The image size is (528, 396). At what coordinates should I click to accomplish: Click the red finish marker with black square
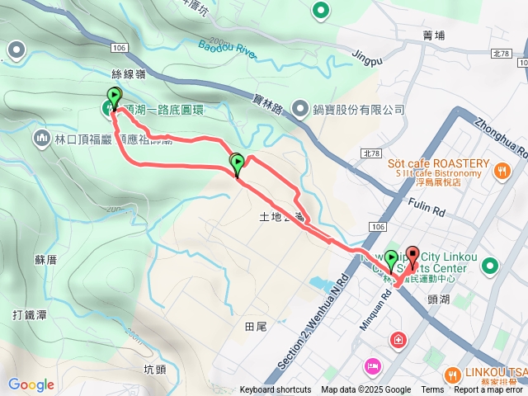click(412, 255)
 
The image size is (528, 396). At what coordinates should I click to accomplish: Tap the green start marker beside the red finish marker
click(391, 260)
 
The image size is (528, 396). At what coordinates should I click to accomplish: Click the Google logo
click(31, 384)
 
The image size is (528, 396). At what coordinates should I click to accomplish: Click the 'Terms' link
click(432, 390)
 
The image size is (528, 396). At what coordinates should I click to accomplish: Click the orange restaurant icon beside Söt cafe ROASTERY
click(502, 172)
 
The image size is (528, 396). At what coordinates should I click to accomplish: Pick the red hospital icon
click(399, 340)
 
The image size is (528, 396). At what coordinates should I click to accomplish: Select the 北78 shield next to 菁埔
click(500, 54)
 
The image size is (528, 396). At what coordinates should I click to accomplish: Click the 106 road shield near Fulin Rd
click(378, 226)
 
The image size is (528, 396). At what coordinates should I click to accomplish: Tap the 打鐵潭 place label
click(28, 314)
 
